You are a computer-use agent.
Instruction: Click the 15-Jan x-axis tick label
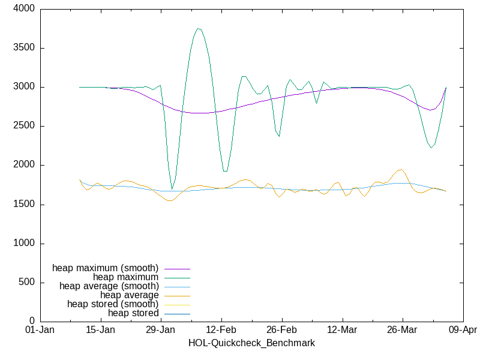click(100, 330)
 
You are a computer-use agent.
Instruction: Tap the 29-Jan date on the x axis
click(161, 330)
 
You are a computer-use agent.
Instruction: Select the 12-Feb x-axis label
click(221, 330)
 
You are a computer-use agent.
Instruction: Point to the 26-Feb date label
click(281, 330)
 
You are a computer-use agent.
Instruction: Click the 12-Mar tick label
click(342, 330)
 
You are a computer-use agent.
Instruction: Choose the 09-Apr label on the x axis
click(463, 330)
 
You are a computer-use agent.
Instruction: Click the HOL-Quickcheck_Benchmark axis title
click(251, 343)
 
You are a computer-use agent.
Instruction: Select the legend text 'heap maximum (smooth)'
click(106, 268)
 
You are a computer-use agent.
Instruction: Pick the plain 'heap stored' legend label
click(133, 313)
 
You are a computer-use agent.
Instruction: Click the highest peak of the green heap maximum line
click(198, 28)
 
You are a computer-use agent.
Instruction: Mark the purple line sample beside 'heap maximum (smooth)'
click(177, 268)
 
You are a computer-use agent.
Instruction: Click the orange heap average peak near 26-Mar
click(401, 169)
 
